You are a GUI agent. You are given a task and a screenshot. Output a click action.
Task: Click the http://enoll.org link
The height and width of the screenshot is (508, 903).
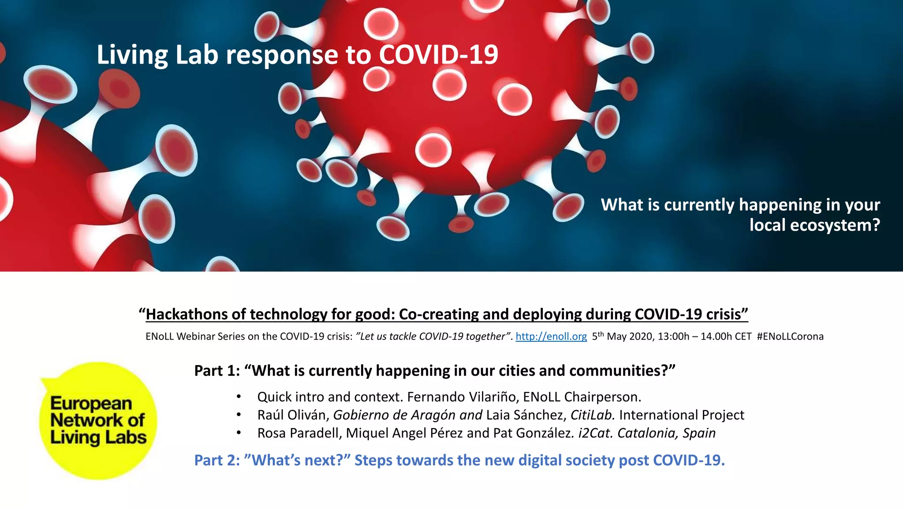tap(551, 336)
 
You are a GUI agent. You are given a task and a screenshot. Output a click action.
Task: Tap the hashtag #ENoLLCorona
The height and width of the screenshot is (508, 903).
tap(790, 336)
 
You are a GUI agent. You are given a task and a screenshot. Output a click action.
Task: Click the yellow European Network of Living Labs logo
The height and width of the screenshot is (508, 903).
tap(98, 420)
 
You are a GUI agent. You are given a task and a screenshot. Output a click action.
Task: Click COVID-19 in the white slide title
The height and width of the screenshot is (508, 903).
tap(438, 55)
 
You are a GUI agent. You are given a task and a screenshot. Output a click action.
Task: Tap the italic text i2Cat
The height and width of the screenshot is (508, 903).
tap(596, 433)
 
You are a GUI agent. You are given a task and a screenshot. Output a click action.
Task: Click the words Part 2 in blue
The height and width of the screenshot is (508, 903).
tap(216, 460)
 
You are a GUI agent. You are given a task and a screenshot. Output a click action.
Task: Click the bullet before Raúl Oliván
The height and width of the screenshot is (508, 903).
tap(239, 415)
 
